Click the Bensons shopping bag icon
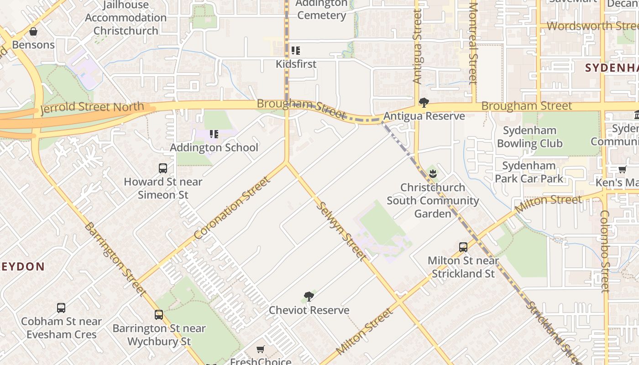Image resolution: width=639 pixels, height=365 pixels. coord(33,32)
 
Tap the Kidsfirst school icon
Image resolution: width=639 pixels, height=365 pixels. coord(296,51)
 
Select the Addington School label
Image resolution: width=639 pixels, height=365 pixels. coord(214,147)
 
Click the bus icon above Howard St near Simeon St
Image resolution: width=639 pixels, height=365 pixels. coord(163,168)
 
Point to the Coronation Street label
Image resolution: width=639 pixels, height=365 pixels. coord(231,208)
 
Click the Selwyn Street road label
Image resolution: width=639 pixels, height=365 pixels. coord(341,231)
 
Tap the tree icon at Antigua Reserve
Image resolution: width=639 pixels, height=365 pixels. coord(424,103)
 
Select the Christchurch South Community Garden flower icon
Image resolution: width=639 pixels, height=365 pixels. coord(433,173)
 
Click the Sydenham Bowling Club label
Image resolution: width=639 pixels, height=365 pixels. coord(529,137)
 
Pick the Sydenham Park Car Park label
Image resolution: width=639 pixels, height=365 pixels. coord(529,172)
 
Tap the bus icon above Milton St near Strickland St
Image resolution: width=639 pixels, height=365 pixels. coord(463,247)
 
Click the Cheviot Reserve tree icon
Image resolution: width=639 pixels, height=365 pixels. coord(309,297)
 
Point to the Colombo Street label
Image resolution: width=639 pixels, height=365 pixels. coord(605,251)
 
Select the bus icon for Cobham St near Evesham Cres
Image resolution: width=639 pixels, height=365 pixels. coord(61,308)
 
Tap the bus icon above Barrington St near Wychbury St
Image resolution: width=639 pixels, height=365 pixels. coord(159,315)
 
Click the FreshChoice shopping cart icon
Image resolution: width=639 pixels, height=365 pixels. coord(260,349)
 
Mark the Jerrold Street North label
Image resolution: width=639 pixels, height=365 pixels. coord(92,108)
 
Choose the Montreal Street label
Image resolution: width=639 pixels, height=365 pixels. coord(473,43)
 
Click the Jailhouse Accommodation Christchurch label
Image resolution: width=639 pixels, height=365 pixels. coord(126,18)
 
